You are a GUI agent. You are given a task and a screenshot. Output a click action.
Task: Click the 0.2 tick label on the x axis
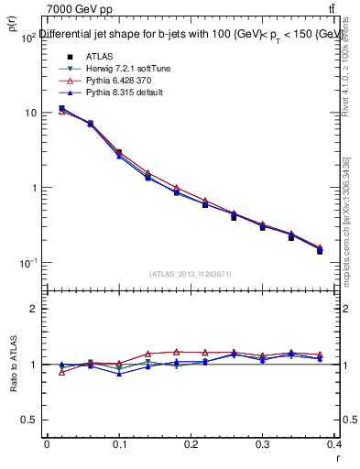[x=191, y=444]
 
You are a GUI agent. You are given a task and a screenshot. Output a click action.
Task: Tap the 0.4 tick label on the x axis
[x=335, y=444]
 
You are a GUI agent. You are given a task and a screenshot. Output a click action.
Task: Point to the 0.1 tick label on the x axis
[x=119, y=444]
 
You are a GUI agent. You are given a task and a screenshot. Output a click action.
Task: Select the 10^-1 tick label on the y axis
[x=27, y=263]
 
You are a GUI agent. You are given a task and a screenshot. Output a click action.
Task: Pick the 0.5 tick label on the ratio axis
[x=29, y=420]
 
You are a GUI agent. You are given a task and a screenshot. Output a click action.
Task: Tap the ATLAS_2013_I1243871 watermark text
[x=190, y=274]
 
